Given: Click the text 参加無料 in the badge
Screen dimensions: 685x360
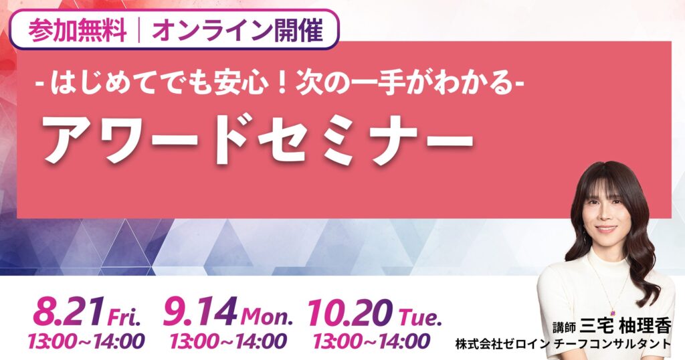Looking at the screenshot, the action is coord(78,30).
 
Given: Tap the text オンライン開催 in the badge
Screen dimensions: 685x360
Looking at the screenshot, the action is coord(237,30).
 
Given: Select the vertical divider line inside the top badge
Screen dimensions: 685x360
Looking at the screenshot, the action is coord(139,30).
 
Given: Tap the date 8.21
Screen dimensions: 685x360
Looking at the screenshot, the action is coord(69,312).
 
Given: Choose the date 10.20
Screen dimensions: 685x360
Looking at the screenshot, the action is coord(349,312).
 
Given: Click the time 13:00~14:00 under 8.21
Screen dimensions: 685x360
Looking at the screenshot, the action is coord(86,342).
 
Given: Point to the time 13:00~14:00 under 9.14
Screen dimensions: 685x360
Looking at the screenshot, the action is coord(229,342).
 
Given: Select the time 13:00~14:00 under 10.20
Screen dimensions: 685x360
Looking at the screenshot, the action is coord(371,342).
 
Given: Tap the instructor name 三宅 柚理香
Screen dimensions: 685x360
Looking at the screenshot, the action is coord(625,326).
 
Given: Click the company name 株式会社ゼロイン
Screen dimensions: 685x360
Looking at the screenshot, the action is coord(502,344).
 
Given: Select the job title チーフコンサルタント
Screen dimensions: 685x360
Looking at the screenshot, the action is coord(611,344).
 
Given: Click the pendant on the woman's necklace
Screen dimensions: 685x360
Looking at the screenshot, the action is coord(613,312).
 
